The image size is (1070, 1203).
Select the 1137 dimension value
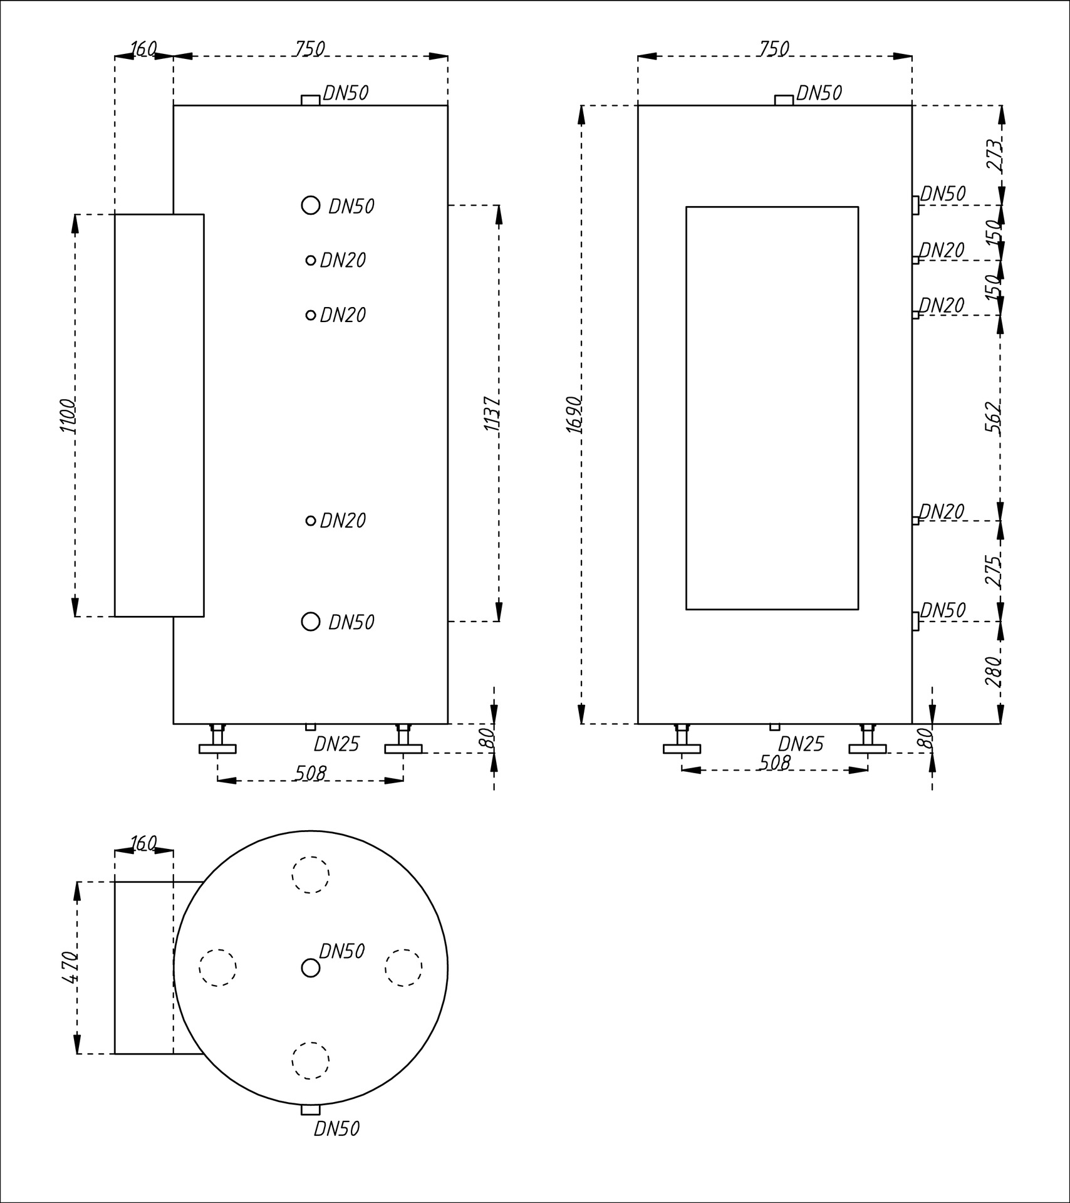click(x=492, y=414)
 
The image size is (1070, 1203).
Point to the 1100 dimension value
click(x=68, y=415)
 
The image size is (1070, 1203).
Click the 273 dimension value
click(x=994, y=155)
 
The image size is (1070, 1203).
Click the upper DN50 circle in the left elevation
click(x=311, y=205)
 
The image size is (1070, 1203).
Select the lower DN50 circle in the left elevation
click(x=311, y=621)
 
